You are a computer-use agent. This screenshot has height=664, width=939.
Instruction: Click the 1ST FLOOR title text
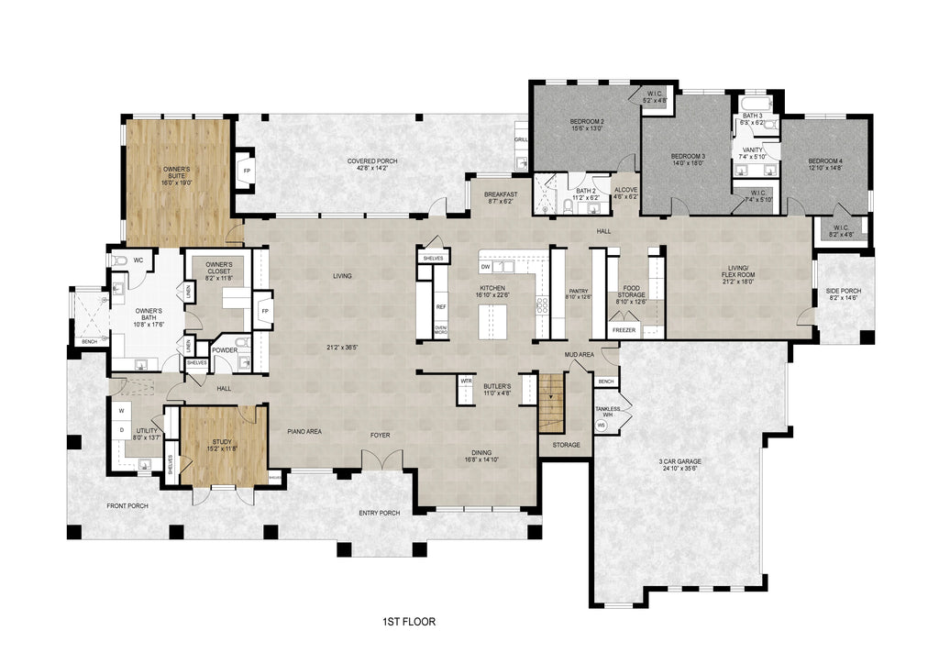pyautogui.click(x=408, y=622)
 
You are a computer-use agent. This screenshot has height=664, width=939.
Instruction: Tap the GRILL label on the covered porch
pyautogui.click(x=521, y=140)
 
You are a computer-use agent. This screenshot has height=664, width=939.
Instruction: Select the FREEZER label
pyautogui.click(x=624, y=329)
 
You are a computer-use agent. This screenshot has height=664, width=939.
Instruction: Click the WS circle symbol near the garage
pyautogui.click(x=602, y=426)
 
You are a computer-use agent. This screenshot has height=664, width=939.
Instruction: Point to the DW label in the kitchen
pyautogui.click(x=485, y=267)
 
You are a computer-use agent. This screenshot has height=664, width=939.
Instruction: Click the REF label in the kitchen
pyautogui.click(x=441, y=307)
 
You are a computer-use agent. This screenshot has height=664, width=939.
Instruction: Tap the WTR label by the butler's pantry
pyautogui.click(x=466, y=379)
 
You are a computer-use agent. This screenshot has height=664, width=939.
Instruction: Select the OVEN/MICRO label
pyautogui.click(x=440, y=330)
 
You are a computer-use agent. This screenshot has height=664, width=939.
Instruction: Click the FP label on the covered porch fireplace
pyautogui.click(x=245, y=171)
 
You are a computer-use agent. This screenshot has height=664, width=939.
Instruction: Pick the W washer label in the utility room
pyautogui.click(x=121, y=410)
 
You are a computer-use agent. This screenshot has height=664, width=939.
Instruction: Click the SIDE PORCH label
pyautogui.click(x=845, y=294)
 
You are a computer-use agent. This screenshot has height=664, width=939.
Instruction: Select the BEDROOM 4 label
pyautogui.click(x=825, y=165)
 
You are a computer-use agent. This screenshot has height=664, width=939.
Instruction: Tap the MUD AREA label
pyautogui.click(x=580, y=353)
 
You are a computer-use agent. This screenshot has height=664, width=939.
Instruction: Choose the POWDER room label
pyautogui.click(x=225, y=349)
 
